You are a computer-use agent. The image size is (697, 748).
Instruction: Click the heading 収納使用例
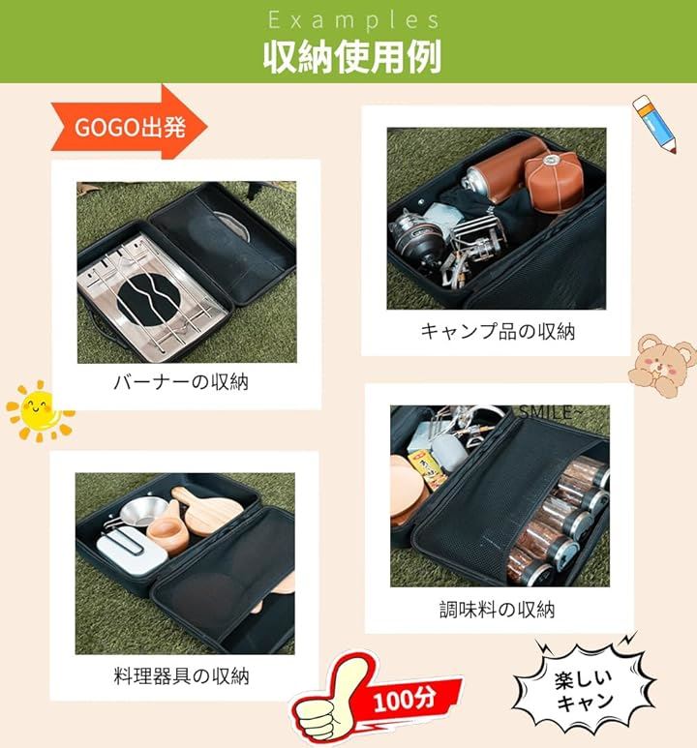(351, 57)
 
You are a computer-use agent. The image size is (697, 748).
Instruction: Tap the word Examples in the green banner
(353, 20)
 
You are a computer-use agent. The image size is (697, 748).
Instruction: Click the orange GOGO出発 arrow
(130, 123)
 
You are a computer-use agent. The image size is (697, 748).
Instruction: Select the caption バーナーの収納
(181, 382)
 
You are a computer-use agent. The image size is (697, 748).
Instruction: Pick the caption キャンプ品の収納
(498, 332)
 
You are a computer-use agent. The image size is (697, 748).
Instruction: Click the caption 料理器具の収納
(181, 676)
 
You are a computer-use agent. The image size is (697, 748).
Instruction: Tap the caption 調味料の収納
(497, 610)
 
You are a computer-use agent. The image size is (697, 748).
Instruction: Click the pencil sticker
(654, 124)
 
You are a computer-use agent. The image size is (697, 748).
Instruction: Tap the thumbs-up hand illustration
(329, 702)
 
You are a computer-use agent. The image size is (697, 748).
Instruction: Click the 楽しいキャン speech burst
(585, 690)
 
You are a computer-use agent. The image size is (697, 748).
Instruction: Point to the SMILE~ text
(551, 412)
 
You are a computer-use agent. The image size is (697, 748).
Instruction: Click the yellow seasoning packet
(427, 470)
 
